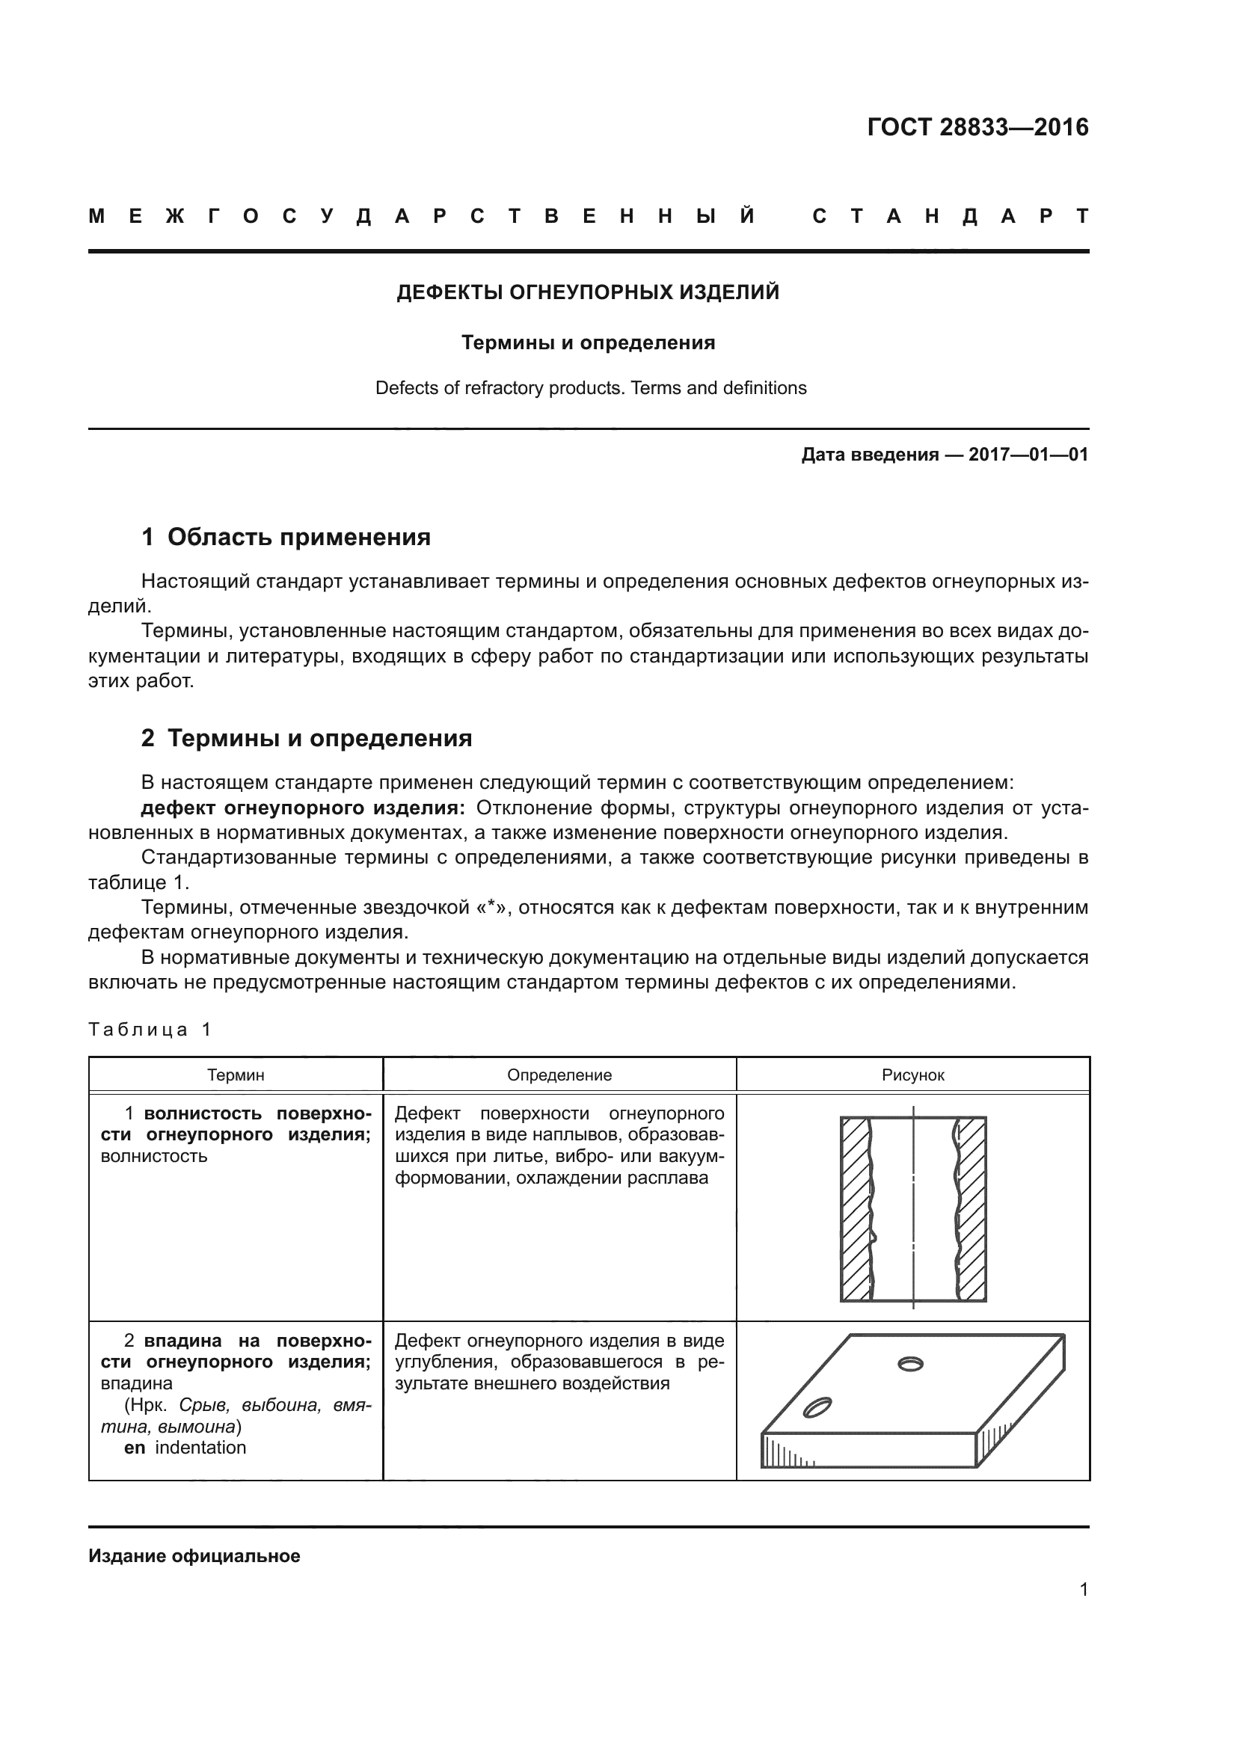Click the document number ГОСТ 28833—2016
tap(977, 126)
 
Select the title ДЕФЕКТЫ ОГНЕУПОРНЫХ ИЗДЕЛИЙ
tap(587, 292)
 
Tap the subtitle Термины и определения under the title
tap(587, 342)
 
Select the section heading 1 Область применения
tap(286, 537)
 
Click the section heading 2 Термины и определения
tap(306, 738)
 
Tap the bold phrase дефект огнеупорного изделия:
tap(302, 808)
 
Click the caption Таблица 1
tap(150, 1030)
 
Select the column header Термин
tap(236, 1075)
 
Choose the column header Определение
tap(559, 1075)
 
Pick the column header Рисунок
tap(912, 1075)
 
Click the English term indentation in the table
tap(200, 1448)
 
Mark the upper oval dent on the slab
tap(910, 1364)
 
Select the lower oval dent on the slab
tap(817, 1408)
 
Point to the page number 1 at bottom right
tap(1083, 1589)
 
